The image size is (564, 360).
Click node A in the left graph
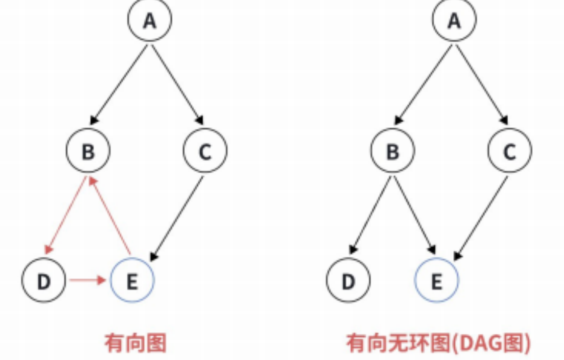click(x=149, y=21)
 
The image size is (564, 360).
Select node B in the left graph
click(x=88, y=151)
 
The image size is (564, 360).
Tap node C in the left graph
click(x=205, y=151)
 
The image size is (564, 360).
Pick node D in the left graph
click(x=44, y=280)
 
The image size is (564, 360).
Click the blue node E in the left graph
click(x=132, y=280)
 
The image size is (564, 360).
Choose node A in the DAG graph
click(x=454, y=21)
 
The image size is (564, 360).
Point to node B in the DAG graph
click(x=393, y=151)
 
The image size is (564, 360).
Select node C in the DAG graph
click(x=510, y=151)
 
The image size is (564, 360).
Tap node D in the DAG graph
click(x=348, y=280)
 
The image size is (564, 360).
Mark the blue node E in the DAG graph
click(x=436, y=280)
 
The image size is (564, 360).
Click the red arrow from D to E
click(x=88, y=280)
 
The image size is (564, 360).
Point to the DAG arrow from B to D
click(x=371, y=215)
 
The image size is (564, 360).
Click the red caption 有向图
click(x=135, y=343)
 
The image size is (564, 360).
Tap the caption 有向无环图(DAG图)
click(x=438, y=343)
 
